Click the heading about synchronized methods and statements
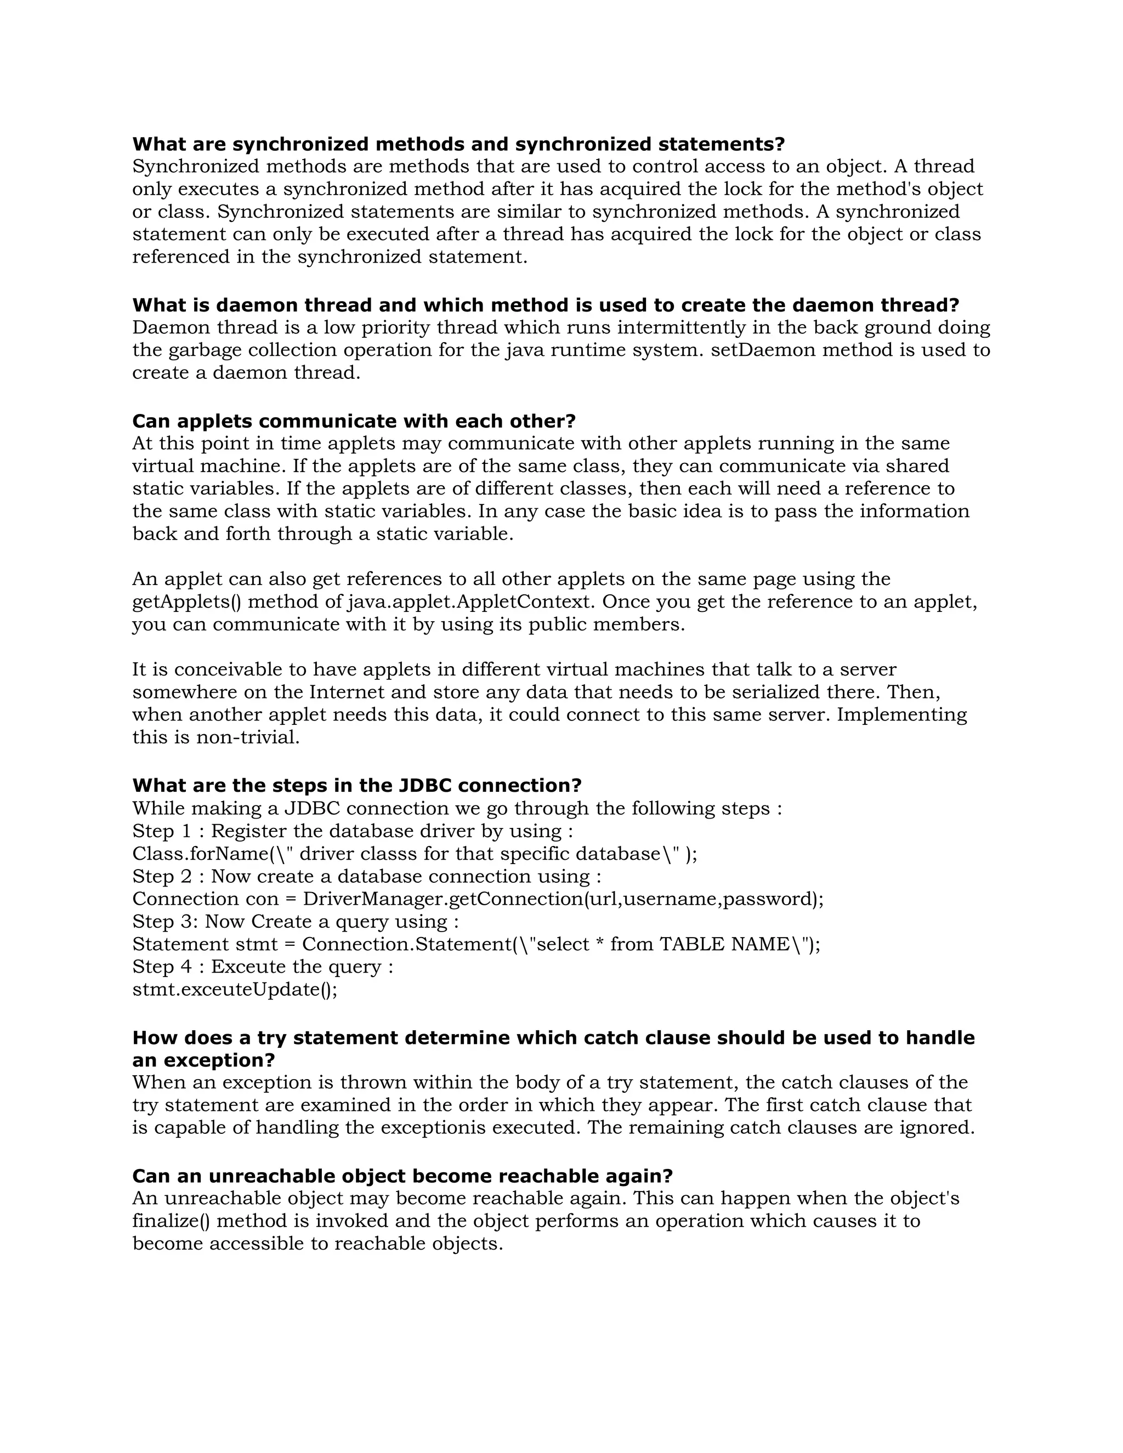pyautogui.click(x=458, y=144)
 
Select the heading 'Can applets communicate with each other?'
pyautogui.click(x=353, y=421)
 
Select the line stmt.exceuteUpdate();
pyautogui.click(x=235, y=990)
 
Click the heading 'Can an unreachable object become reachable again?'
pyautogui.click(x=402, y=1176)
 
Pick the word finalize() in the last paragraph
pyautogui.click(x=172, y=1222)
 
